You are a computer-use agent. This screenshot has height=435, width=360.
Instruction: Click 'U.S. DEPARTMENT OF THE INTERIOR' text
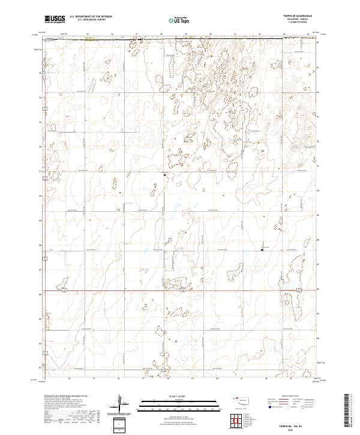[x=91, y=17]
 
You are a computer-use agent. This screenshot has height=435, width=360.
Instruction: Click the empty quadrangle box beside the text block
[x=121, y=424]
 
